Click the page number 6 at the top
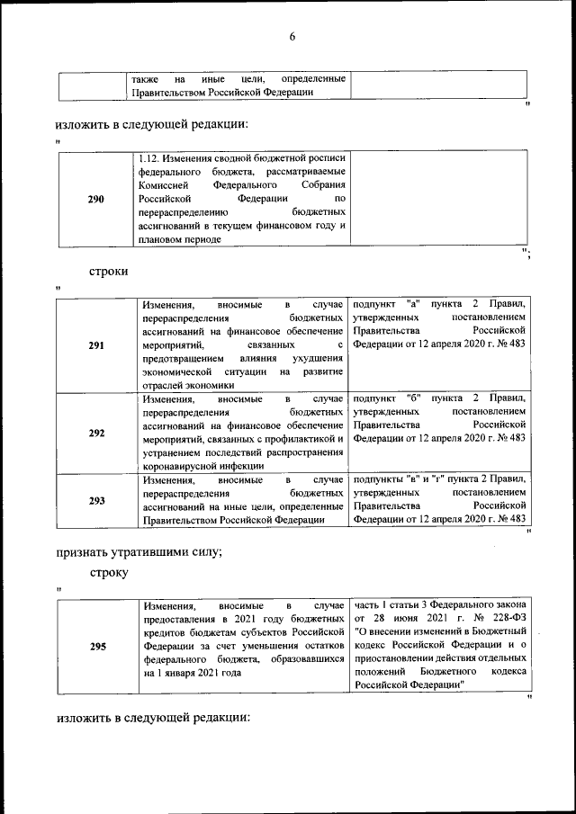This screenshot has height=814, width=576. pos(292,37)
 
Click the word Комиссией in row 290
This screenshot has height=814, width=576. pos(166,185)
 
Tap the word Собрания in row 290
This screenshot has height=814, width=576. pos(320,185)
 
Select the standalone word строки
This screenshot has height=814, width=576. pos(108,270)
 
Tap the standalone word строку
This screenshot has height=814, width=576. pos(109,572)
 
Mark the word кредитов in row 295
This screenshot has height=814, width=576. pos(164,632)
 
